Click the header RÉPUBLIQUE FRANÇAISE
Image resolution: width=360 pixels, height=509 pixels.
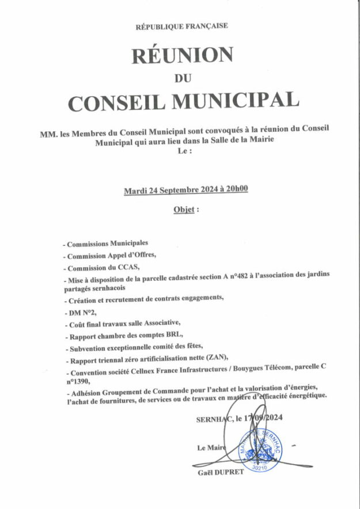(x=181, y=26)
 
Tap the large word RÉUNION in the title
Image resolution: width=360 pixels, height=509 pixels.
(x=182, y=56)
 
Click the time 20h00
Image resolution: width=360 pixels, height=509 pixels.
(x=236, y=190)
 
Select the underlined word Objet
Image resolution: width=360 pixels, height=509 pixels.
(x=184, y=210)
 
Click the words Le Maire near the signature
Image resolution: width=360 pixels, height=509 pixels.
(x=211, y=447)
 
